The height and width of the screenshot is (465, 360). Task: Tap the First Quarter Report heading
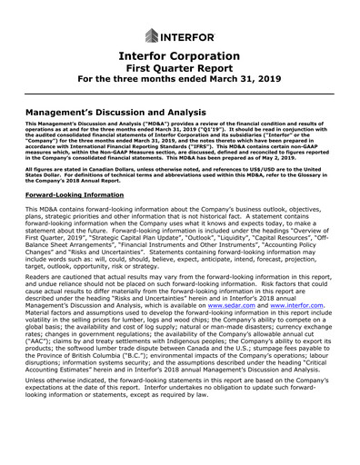point(179,72)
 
